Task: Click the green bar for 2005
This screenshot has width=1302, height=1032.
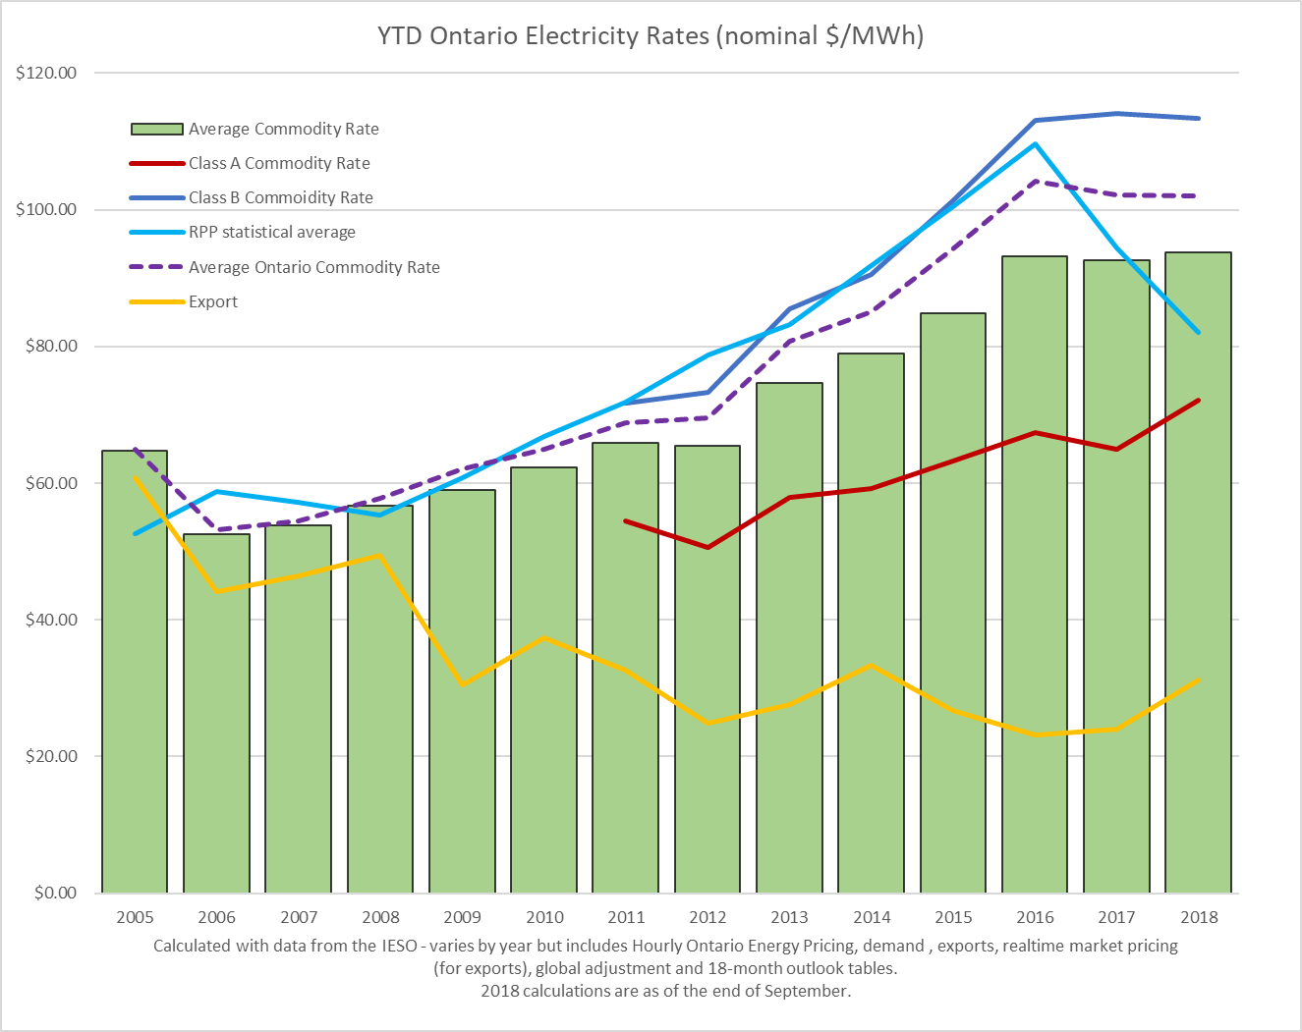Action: [x=135, y=687]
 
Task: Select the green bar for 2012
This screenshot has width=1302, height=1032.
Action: [x=708, y=687]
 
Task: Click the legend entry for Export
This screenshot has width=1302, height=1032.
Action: [x=213, y=301]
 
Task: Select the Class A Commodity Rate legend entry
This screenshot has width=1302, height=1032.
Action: [x=279, y=163]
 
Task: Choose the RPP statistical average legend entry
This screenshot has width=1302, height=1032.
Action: [x=272, y=232]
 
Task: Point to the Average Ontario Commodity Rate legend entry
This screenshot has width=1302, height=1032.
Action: [x=313, y=267]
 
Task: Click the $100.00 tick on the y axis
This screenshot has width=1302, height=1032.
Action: [x=46, y=209]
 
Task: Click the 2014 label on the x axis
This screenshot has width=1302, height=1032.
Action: [x=872, y=917]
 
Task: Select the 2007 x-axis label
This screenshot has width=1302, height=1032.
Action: [x=299, y=917]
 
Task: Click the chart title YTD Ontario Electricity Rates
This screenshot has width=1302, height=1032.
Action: [x=651, y=36]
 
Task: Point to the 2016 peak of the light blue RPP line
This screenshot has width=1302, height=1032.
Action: [x=1035, y=144]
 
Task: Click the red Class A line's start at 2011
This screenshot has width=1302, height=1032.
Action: [x=626, y=521]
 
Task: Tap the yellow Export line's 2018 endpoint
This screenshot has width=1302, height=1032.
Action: [x=1198, y=679]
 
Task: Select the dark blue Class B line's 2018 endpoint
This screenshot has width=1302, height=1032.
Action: [x=1198, y=119]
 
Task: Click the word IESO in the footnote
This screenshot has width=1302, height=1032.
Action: [x=404, y=946]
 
